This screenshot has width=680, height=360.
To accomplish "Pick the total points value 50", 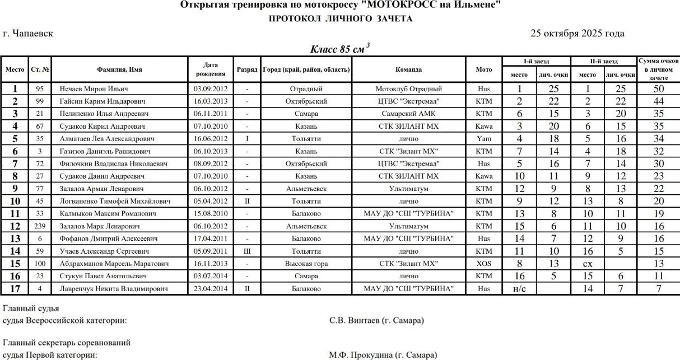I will [x=658, y=88].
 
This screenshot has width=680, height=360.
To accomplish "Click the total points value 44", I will [x=658, y=101].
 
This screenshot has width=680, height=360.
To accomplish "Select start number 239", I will [x=39, y=226].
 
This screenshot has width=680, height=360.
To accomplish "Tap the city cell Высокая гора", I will [x=306, y=264].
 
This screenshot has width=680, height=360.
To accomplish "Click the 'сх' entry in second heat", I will [x=588, y=264].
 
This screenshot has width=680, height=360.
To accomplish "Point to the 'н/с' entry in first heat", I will [x=519, y=289].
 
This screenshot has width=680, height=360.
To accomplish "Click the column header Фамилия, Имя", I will [x=119, y=69].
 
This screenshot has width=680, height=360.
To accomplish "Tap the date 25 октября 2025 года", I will [x=577, y=34].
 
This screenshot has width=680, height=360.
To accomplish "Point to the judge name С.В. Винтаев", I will [x=376, y=321].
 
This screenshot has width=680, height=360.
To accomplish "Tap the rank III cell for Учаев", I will [x=247, y=251].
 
